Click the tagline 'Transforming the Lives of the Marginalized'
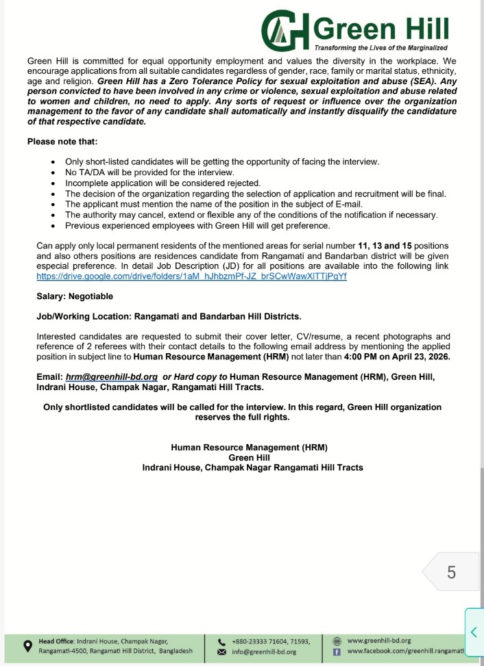tap(380, 48)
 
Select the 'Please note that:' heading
tap(62, 142)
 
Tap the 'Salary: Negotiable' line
tap(75, 296)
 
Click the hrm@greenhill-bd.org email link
tap(112, 376)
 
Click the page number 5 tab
tap(450, 572)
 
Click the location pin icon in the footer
tap(27, 646)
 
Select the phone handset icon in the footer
tap(221, 641)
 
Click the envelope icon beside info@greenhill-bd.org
tap(221, 652)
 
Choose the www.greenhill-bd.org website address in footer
tap(379, 640)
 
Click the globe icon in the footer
tap(336, 641)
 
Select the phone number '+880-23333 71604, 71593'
tap(271, 641)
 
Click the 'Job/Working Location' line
tap(169, 316)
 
